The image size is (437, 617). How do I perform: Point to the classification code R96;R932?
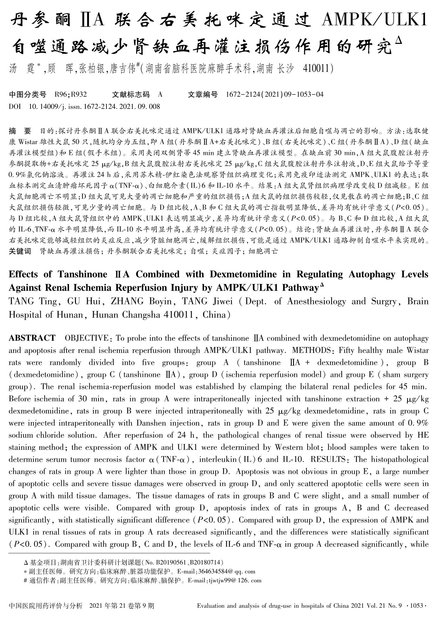71,94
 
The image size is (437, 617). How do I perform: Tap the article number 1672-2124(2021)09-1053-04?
275,94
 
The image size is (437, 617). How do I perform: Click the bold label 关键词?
20,251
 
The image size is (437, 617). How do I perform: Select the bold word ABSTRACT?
32,338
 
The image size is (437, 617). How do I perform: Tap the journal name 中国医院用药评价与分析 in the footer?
46,606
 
